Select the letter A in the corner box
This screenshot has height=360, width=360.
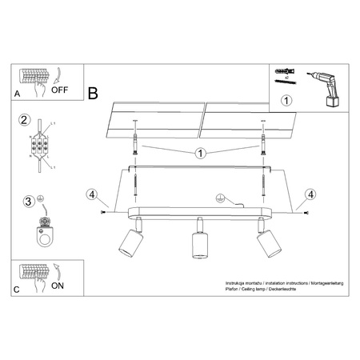click(17, 94)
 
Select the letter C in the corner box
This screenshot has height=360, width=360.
click(17, 289)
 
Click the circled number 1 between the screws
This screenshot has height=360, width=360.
click(201, 153)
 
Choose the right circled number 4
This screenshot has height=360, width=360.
click(310, 193)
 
